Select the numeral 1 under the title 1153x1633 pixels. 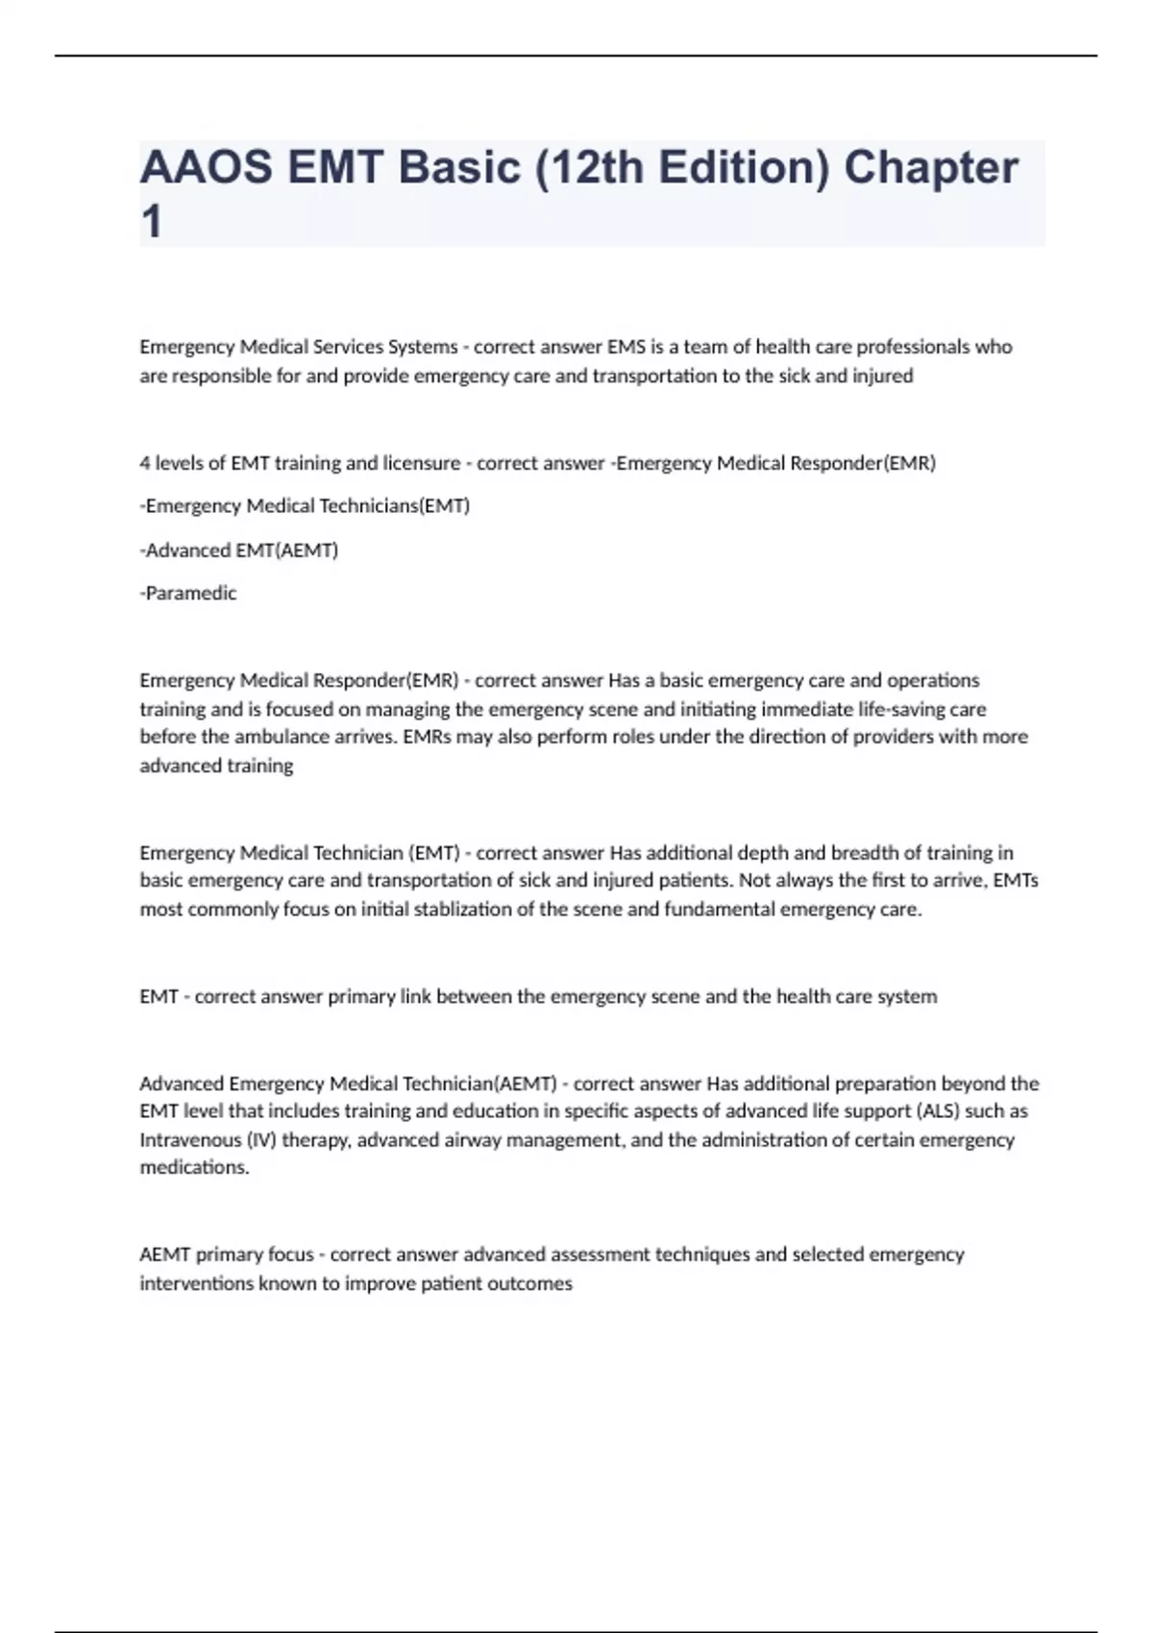point(151,223)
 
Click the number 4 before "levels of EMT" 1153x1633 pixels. point(144,463)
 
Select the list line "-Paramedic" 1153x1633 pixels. point(188,594)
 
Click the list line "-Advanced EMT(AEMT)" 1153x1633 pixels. point(239,550)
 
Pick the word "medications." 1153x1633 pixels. point(195,1168)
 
